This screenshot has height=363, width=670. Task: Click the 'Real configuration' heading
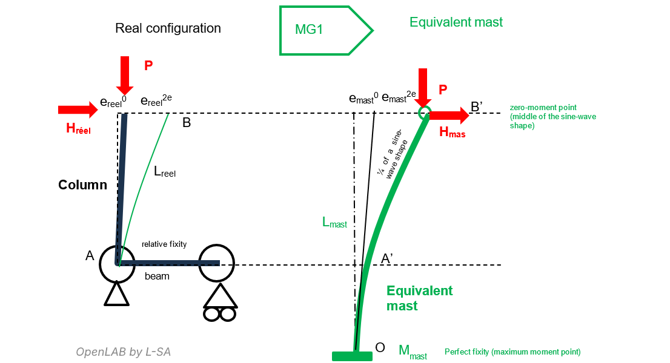click(168, 28)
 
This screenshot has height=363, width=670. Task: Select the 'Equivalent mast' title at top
click(456, 22)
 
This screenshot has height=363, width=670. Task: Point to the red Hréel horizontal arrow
click(78, 110)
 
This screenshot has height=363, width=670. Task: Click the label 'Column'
click(82, 185)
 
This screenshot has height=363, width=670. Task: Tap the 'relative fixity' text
click(164, 244)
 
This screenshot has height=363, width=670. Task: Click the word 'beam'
click(156, 276)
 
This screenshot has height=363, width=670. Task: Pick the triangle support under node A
click(116, 295)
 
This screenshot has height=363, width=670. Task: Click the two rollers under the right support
click(219, 314)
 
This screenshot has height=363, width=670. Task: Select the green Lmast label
click(334, 223)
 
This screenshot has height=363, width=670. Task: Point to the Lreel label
click(164, 172)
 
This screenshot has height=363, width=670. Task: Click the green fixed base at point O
click(351, 356)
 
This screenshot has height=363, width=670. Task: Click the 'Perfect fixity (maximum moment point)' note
click(512, 352)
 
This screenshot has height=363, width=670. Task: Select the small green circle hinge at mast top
click(425, 113)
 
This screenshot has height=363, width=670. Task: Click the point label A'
click(388, 258)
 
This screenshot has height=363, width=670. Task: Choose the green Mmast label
click(413, 352)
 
